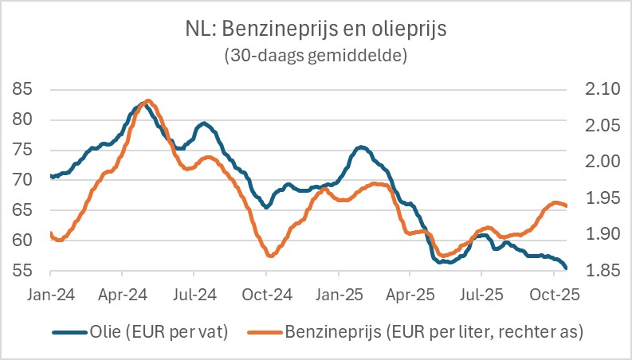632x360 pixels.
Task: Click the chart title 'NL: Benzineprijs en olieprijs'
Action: pos(316,30)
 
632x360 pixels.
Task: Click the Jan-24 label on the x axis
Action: pos(51,294)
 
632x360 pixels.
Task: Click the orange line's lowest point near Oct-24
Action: pos(270,255)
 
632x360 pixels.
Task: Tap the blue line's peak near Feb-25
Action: pos(362,147)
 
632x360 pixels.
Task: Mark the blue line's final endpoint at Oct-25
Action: pos(566,268)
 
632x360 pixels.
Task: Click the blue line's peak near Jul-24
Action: pos(205,123)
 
